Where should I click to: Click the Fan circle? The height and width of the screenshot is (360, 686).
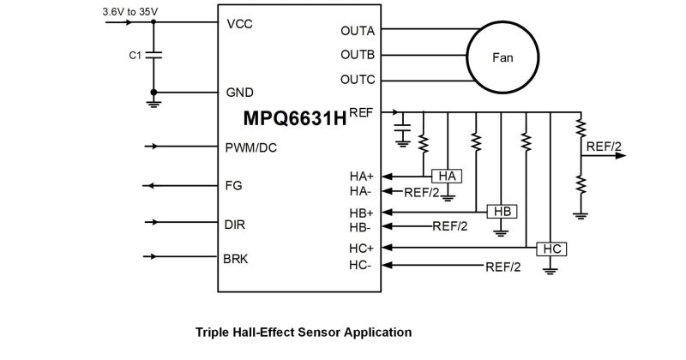pos(502,57)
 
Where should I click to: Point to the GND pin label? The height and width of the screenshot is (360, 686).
pos(240,92)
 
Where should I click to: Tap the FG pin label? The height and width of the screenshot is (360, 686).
pos(233,185)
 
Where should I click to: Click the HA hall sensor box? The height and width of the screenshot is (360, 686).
pos(446,176)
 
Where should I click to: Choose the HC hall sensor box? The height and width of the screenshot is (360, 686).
pos(551,249)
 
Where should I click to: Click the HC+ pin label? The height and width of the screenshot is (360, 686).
pos(361,249)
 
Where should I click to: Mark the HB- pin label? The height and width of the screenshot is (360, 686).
pos(360,227)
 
